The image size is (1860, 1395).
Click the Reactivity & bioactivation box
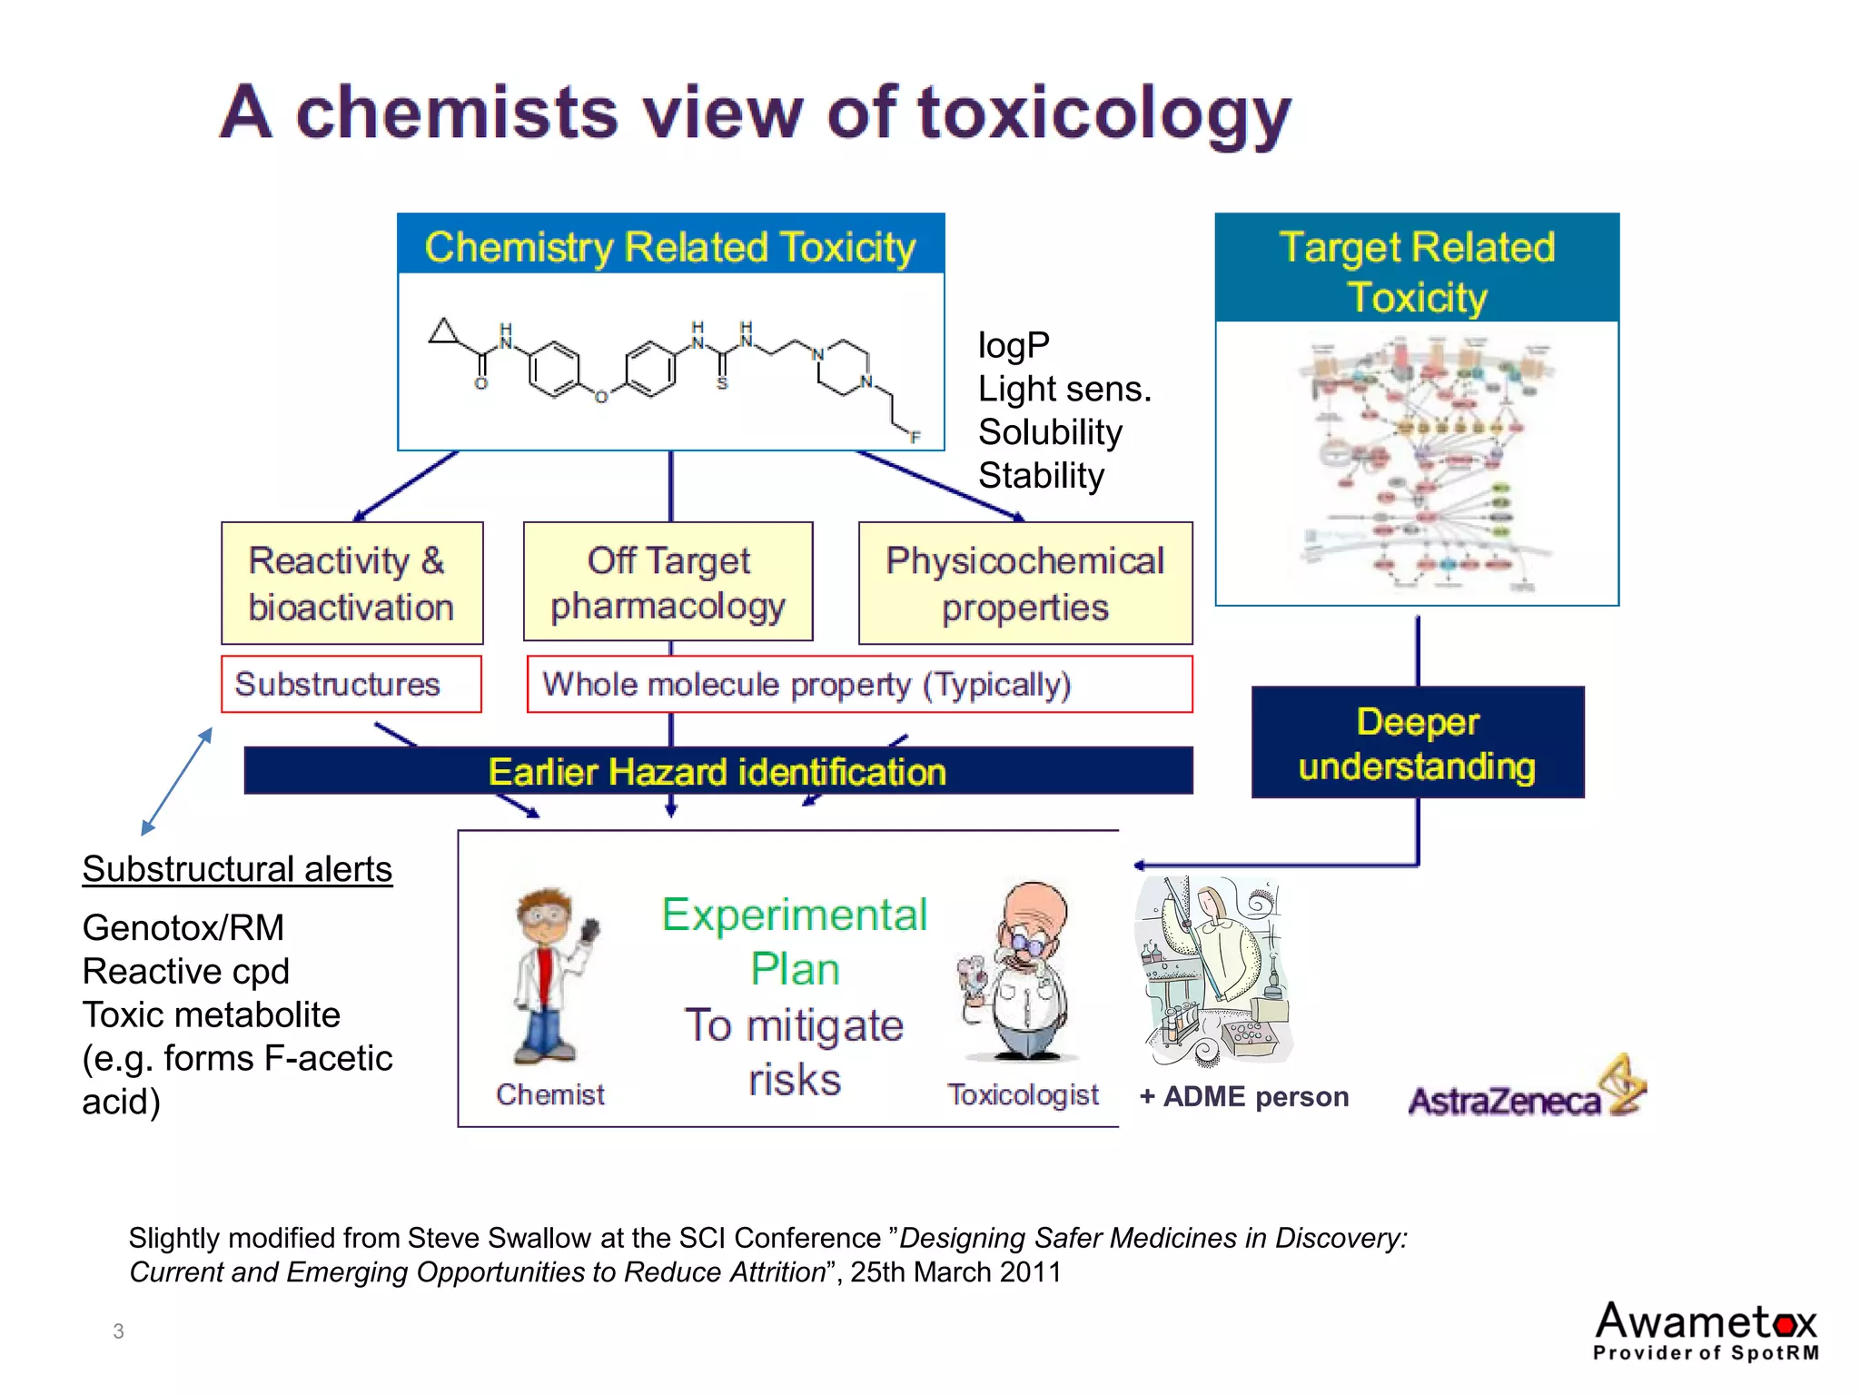pyautogui.click(x=351, y=583)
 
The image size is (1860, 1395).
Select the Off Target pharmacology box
pyautogui.click(x=668, y=582)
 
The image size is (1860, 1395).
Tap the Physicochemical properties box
pyautogui.click(x=1024, y=583)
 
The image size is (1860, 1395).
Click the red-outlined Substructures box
pyautogui.click(x=351, y=684)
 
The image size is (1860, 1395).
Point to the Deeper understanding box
pyautogui.click(x=1417, y=743)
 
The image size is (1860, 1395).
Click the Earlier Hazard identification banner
pyautogui.click(x=717, y=771)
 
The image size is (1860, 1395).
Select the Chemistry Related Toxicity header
pyautogui.click(x=670, y=245)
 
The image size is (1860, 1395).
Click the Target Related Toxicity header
pyautogui.click(x=1417, y=270)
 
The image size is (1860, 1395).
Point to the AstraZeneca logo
pyautogui.click(x=1526, y=1090)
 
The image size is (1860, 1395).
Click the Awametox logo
pyautogui.click(x=1706, y=1331)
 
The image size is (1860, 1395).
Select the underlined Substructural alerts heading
pyautogui.click(x=237, y=869)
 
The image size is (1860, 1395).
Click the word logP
pyautogui.click(x=1014, y=345)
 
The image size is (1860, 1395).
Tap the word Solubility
pyautogui.click(x=1050, y=432)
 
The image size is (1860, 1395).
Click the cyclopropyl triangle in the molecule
pyautogui.click(x=444, y=331)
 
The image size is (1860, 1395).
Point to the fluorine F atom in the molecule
pyautogui.click(x=915, y=437)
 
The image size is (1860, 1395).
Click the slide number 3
pyautogui.click(x=118, y=1331)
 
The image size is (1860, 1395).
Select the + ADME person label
pyautogui.click(x=1243, y=1097)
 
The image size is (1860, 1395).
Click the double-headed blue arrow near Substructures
pyautogui.click(x=177, y=781)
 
